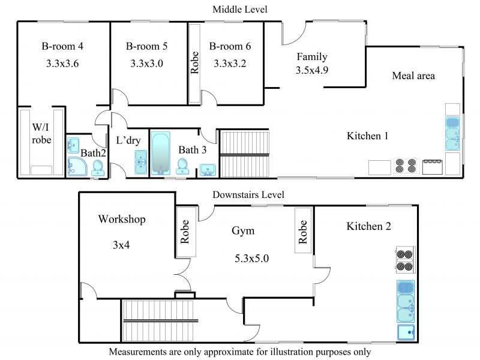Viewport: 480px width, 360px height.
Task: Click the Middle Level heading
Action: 239,10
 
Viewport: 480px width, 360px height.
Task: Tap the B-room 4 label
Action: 62,46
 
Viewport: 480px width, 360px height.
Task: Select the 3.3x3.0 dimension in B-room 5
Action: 146,64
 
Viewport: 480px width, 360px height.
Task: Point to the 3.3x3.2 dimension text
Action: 230,64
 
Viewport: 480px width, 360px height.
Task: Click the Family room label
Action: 312,57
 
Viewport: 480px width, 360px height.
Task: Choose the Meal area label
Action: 413,76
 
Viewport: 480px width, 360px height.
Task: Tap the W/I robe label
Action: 41,133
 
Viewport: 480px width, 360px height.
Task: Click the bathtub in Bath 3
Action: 161,154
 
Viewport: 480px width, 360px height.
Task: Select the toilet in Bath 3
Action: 182,166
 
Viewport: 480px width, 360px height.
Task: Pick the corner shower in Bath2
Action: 77,167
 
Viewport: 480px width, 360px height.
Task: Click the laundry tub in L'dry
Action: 141,162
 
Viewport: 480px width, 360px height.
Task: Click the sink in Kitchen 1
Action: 452,133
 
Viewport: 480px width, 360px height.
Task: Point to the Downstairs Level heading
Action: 248,194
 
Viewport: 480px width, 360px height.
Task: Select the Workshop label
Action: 122,220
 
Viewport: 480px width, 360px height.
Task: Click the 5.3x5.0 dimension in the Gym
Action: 251,259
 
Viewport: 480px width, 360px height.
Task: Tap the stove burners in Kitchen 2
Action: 404,260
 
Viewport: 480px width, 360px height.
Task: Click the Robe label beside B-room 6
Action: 194,63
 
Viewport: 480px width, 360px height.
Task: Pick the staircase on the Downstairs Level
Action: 158,320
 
